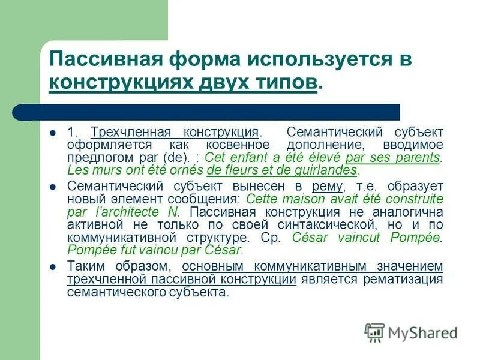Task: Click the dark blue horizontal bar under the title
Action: [x=210, y=112]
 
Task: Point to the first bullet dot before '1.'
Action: [x=53, y=132]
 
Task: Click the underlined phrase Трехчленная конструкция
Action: [x=175, y=132]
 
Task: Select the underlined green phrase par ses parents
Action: [x=393, y=158]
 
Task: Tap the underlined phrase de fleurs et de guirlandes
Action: [x=281, y=170]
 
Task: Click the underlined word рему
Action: [x=327, y=186]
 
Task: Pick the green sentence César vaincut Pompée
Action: [x=367, y=237]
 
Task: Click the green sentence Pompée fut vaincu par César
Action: [x=155, y=250]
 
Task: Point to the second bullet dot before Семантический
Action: [x=53, y=187]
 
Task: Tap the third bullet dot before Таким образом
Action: [x=53, y=266]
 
